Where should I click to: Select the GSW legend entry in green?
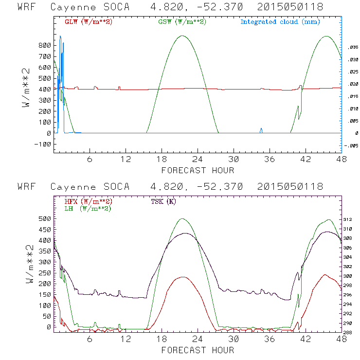click(x=178, y=22)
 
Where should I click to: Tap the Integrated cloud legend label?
click(x=280, y=22)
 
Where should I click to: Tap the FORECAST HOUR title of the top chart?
click(x=198, y=170)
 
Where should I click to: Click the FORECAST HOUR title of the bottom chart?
click(x=198, y=350)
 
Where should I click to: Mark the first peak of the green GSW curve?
click(x=182, y=36)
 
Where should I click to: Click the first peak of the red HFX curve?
click(x=183, y=277)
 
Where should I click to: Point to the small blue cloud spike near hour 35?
click(x=261, y=129)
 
